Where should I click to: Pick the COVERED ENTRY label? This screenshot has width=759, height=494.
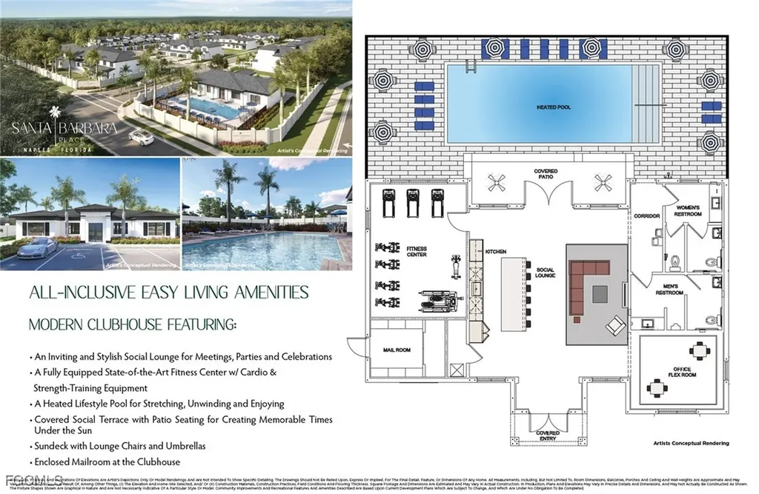[548, 436]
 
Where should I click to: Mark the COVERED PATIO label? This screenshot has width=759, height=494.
[546, 174]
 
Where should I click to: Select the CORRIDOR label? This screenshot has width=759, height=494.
[646, 216]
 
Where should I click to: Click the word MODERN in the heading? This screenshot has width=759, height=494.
[62, 324]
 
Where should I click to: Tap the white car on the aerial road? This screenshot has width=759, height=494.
[140, 137]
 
